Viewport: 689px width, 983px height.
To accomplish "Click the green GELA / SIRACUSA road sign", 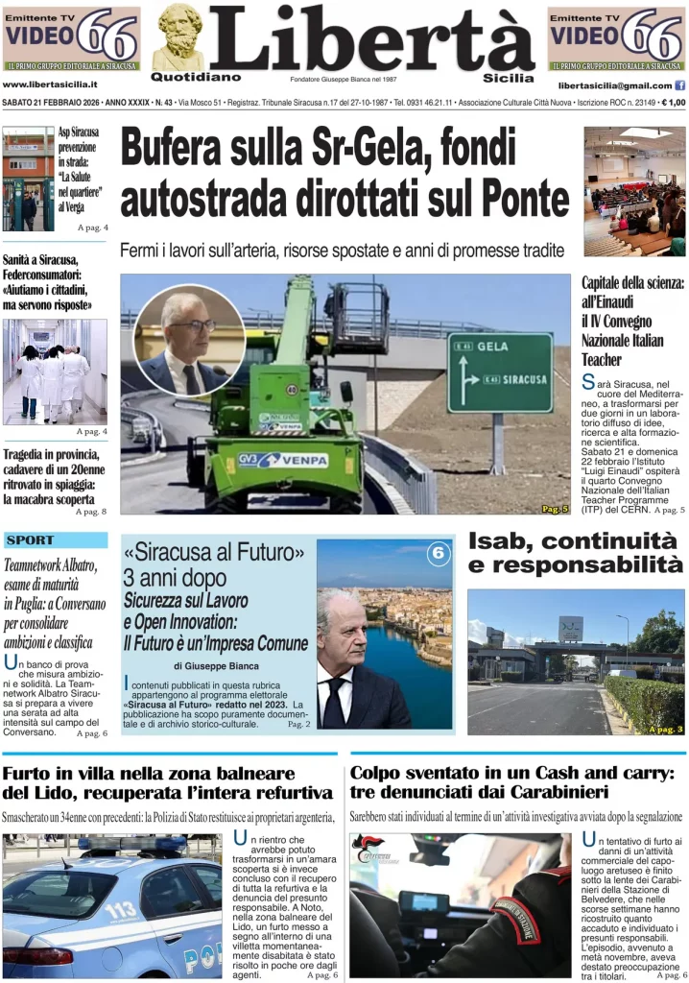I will (500, 372).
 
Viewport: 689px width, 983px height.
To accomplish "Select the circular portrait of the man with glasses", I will (189, 340).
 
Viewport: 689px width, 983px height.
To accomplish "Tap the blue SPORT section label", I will (30, 540).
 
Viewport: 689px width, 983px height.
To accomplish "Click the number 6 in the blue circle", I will (438, 553).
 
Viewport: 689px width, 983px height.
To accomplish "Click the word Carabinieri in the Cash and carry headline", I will (556, 793).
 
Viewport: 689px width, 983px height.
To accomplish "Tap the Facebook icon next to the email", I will (680, 85).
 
